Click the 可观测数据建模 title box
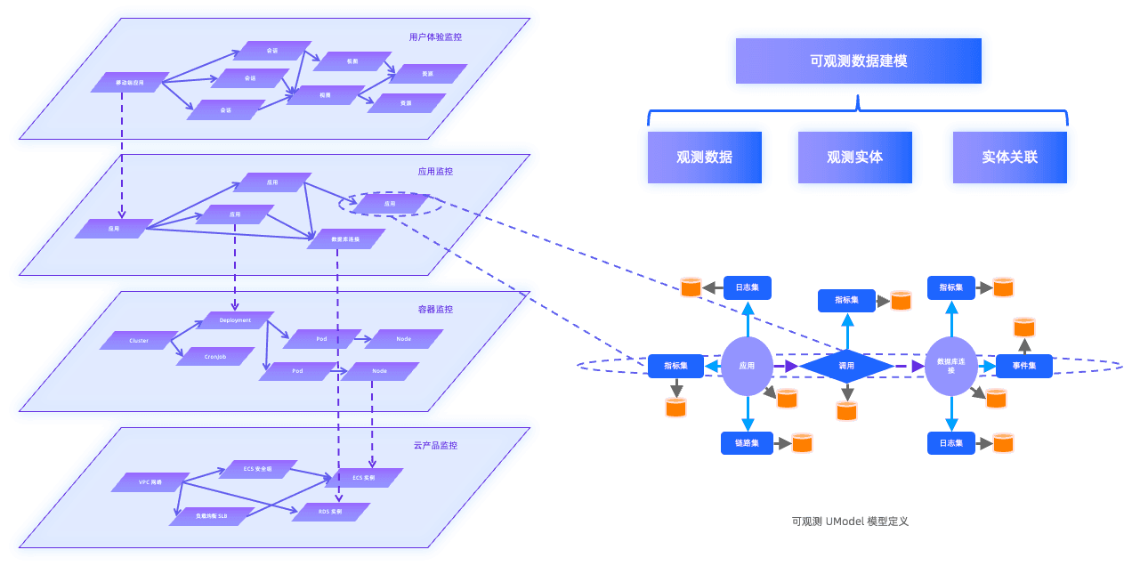(858, 61)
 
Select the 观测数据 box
(704, 158)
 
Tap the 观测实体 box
(854, 158)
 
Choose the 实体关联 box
(1009, 158)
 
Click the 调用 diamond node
(846, 366)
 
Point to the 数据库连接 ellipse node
(951, 366)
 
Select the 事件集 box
(1023, 366)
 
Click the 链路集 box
(747, 443)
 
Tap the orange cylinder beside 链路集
(802, 442)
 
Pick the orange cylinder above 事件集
(1024, 327)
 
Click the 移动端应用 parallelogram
(130, 83)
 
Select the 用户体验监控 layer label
(435, 37)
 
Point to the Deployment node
(235, 320)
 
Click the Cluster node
(139, 340)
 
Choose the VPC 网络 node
(150, 482)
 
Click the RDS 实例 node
(330, 512)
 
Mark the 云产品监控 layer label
(435, 445)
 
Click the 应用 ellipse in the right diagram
(747, 366)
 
